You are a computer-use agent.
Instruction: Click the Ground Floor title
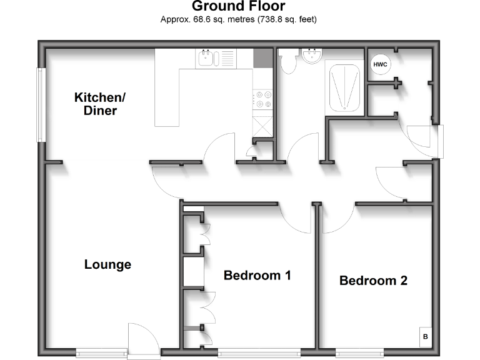point(238,7)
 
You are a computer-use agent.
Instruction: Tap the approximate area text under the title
point(238,19)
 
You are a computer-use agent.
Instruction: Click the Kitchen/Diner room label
point(100,104)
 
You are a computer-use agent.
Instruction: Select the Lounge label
point(107,264)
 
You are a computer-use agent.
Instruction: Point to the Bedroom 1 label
point(257,275)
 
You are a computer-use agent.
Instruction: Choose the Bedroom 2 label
point(373,281)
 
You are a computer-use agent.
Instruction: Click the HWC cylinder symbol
point(379,64)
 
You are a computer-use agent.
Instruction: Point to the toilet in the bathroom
point(288,62)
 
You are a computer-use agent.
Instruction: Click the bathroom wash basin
point(311,57)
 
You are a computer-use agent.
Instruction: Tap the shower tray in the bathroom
point(344,87)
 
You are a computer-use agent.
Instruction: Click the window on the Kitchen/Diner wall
point(41,104)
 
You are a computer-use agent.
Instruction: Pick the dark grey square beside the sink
point(262,58)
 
